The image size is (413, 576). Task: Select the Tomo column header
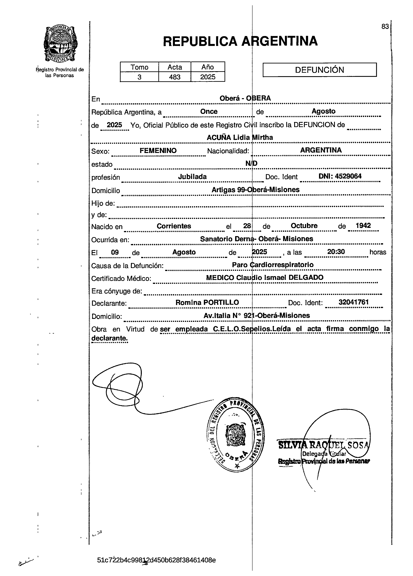(139, 67)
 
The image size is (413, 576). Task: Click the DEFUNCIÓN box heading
(319, 70)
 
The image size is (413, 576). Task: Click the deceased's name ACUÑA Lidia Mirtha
(240, 138)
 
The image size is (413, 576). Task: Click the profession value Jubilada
(192, 177)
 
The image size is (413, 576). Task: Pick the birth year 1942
(363, 226)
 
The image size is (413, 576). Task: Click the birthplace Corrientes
(174, 226)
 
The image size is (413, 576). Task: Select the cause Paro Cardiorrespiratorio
(273, 265)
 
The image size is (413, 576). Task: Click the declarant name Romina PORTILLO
(207, 303)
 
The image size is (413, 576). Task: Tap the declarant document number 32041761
(353, 302)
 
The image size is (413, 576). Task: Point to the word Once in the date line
(209, 112)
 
